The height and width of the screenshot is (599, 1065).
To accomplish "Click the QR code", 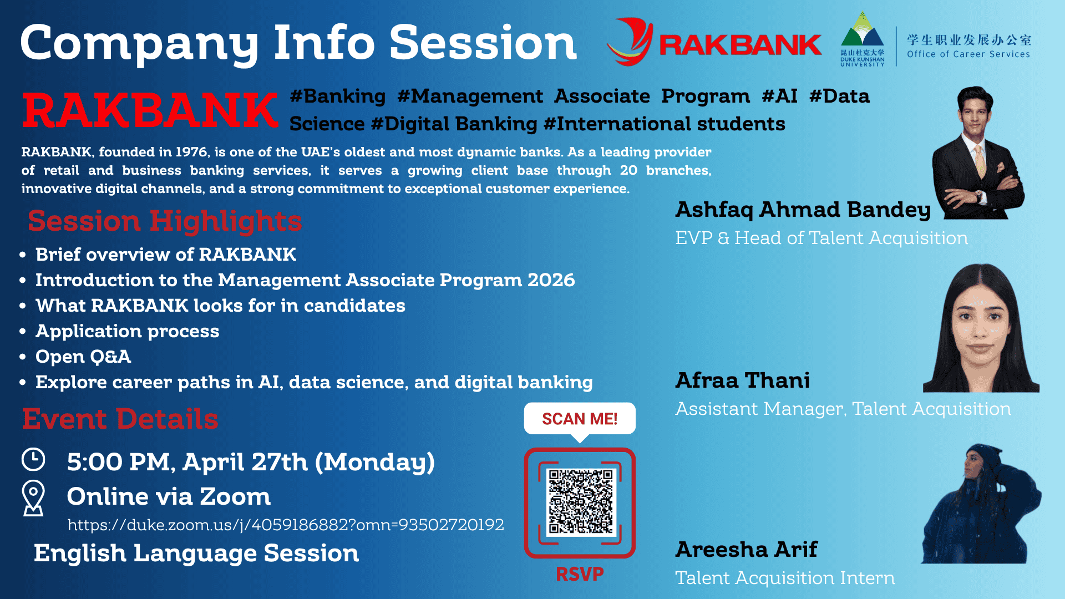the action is coord(580,502).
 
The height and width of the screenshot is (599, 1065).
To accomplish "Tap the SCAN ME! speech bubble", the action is coord(580,420).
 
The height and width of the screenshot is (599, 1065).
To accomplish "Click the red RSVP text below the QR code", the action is coord(580,574).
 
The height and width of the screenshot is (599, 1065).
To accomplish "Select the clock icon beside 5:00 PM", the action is coord(33,460).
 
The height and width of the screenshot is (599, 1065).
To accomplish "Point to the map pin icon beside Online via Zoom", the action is coord(33,498).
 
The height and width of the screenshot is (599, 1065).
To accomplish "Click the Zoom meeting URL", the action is coord(286,525).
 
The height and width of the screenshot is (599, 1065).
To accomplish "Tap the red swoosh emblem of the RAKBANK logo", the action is coord(631,42).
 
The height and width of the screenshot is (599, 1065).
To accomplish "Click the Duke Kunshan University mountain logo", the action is coord(862,39).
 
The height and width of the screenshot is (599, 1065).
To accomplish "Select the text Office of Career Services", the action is coord(968,54).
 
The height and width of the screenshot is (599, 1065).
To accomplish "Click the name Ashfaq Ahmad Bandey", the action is coord(803,210).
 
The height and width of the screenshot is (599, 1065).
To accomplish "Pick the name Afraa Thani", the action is coord(742,380).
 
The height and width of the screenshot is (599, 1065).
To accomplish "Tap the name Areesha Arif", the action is coord(747,550).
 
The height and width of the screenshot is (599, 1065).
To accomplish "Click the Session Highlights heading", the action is coord(165,221).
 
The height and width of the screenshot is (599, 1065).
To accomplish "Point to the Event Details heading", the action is coord(120,419).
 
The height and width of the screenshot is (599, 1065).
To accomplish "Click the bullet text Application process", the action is coord(128,332).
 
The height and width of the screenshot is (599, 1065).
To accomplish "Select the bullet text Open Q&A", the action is coord(83,357).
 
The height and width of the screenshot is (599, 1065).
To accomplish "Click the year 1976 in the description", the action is coord(191,152).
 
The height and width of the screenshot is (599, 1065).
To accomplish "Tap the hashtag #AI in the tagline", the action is coord(779,96).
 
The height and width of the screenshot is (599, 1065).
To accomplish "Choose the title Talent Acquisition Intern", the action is coord(785,578).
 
